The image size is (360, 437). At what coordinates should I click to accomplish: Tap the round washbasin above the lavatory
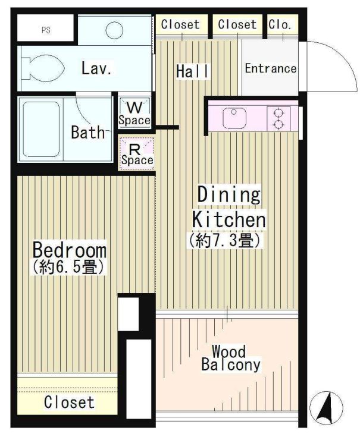coord(114,30)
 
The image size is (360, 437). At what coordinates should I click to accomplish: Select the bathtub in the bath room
coord(41,130)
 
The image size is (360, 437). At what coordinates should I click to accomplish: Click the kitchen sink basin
coord(234,118)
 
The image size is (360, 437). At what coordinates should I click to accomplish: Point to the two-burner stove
coord(278,119)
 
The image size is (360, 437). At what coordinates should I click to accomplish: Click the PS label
coord(46,30)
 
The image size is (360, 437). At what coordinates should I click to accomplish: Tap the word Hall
coord(192,71)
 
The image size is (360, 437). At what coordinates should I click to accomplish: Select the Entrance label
coord(271,68)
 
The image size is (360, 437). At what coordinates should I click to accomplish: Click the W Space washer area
coord(134,113)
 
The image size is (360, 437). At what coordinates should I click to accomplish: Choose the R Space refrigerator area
coord(137,153)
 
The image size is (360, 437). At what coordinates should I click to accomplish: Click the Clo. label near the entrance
coord(280,25)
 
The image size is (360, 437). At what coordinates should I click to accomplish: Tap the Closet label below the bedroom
coord(69,402)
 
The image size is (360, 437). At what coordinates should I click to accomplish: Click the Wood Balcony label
coord(231,359)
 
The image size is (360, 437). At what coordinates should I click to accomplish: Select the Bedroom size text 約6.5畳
coord(68,267)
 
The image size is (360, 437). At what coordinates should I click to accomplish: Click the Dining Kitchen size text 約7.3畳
coord(225,240)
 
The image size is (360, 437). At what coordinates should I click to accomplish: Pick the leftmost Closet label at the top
coord(180,24)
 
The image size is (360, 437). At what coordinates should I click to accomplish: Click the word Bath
coord(88,132)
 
